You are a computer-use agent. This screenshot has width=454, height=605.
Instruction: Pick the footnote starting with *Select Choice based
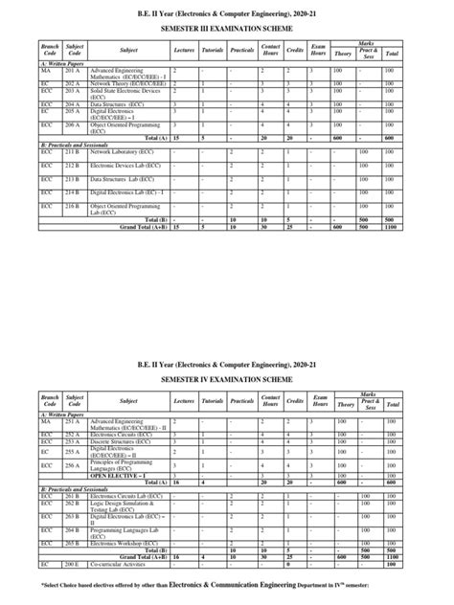[x=228, y=584]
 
